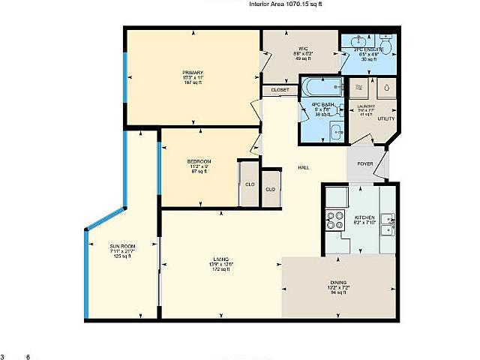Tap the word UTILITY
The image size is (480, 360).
click(385, 118)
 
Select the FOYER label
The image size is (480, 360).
click(365, 163)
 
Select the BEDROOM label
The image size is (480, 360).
click(199, 162)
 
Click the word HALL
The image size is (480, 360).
click(304, 167)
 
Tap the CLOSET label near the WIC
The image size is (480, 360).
click(280, 90)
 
